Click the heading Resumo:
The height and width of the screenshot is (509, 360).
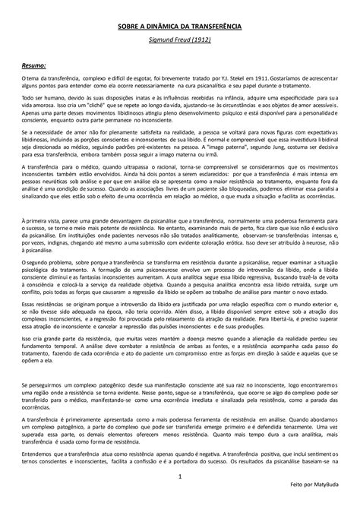[35, 66]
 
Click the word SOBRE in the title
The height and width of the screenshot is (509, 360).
[128, 26]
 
